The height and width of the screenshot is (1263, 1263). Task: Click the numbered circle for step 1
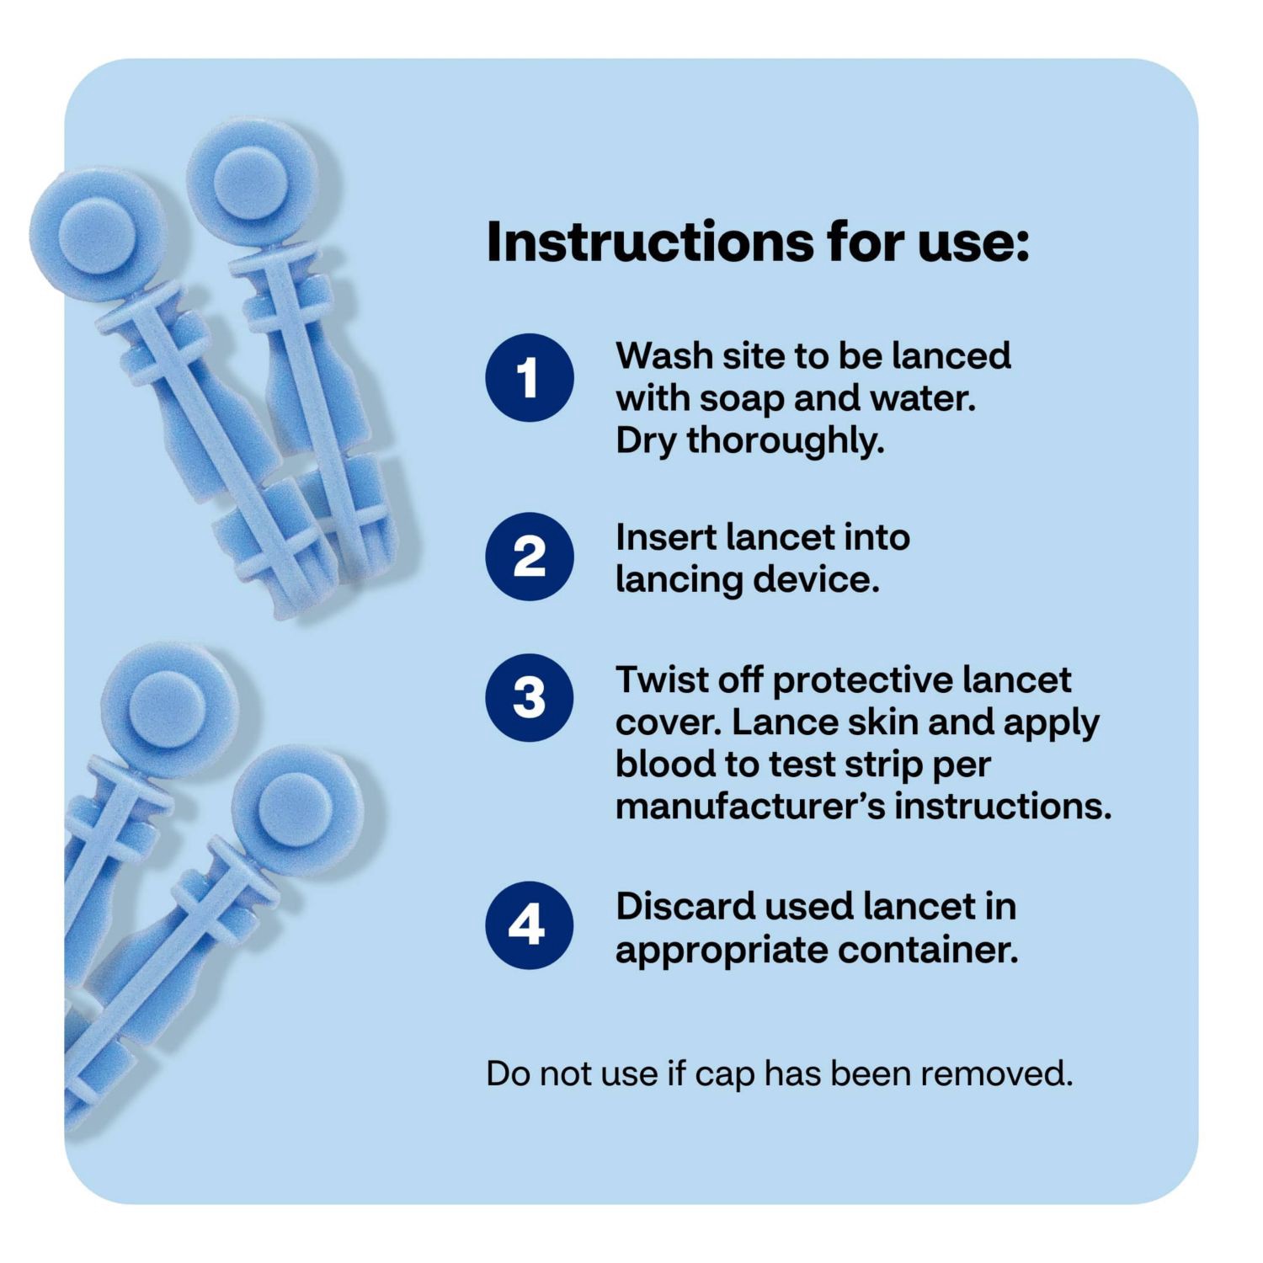[x=529, y=377]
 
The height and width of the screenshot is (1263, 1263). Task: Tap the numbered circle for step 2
[x=529, y=557]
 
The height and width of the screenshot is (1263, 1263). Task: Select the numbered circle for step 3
[x=529, y=698]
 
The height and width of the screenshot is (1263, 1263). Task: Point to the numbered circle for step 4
[x=529, y=925]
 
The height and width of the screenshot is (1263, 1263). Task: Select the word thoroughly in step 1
[x=785, y=440]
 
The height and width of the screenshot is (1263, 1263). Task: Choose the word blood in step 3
[x=664, y=764]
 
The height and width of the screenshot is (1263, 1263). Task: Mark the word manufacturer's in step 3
[x=750, y=806]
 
